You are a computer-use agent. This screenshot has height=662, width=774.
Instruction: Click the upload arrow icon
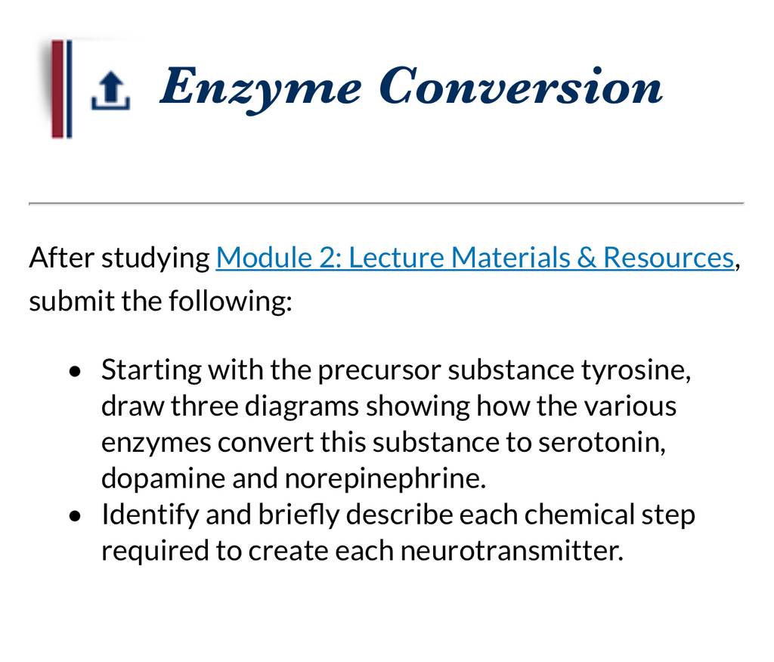pos(110,89)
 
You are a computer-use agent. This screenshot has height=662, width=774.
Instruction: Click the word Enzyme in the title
pos(260,89)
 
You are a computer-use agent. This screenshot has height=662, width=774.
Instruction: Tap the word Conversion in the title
pos(522,86)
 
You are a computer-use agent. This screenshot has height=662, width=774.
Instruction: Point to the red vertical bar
pos(57,89)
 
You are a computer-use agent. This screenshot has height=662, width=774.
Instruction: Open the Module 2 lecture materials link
pos(475,258)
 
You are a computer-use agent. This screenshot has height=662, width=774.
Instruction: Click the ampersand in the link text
pos(587,258)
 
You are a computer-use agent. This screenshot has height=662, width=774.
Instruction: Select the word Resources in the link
pos(668,258)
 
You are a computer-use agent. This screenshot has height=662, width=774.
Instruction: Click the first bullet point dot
pos(75,371)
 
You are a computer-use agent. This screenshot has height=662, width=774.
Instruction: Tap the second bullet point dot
pos(75,516)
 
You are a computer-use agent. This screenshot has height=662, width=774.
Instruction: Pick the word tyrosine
pos(636,370)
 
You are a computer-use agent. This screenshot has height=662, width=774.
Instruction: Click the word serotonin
pos(602,442)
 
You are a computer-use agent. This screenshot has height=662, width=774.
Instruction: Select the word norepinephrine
pos(385,478)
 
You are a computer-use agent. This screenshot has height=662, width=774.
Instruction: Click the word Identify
pos(150,515)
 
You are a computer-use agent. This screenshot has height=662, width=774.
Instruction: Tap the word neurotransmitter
pos(512,551)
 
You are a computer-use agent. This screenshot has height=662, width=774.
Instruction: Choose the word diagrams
pos(302,407)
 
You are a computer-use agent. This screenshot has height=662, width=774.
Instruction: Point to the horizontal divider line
pos(386,203)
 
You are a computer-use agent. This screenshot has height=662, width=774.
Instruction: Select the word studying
pos(156,258)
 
